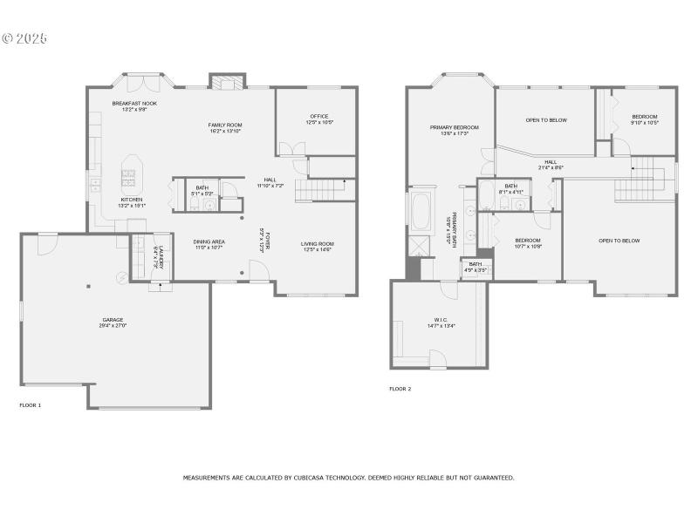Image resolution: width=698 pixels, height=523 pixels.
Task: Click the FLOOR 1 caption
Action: (31, 404)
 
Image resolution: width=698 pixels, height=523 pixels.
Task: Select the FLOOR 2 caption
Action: (400, 389)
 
